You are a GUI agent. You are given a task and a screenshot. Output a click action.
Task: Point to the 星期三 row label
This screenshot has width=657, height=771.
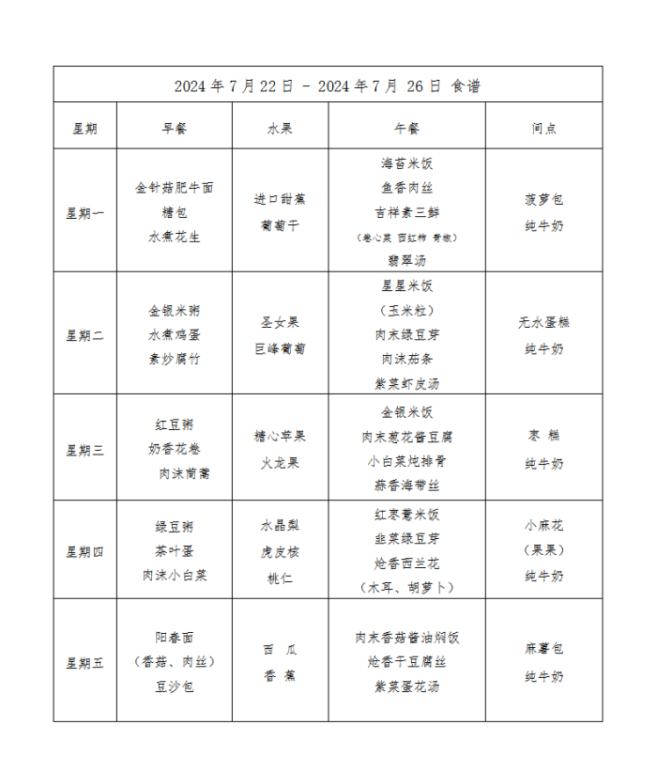point(84,450)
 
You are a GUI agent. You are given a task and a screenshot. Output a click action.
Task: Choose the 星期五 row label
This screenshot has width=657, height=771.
point(84,663)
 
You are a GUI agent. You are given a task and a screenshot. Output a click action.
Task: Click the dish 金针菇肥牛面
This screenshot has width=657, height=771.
point(175,188)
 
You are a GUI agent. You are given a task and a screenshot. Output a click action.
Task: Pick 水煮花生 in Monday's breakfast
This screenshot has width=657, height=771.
point(175,237)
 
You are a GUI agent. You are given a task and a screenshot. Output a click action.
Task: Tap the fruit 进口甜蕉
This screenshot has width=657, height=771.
point(280,199)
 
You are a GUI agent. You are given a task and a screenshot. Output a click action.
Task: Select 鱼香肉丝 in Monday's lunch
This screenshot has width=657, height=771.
point(406,188)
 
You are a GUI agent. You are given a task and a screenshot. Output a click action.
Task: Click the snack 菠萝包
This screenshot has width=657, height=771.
point(543,199)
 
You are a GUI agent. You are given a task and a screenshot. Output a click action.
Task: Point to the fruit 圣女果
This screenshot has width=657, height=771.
point(280,322)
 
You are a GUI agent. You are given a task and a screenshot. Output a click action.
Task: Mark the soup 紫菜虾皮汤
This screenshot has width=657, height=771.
point(406,383)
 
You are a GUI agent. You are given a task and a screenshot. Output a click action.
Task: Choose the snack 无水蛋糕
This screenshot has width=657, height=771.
point(543,322)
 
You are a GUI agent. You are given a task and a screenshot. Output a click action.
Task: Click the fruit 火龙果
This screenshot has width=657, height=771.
point(280,463)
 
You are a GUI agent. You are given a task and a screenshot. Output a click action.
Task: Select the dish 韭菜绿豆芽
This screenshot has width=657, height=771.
point(406,539)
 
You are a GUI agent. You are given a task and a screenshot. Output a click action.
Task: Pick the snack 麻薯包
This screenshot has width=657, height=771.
point(543,649)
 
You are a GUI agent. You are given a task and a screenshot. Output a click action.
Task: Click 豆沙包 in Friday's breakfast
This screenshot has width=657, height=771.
point(175,686)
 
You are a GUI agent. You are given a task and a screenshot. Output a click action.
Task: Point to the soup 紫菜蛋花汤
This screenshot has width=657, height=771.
point(406,686)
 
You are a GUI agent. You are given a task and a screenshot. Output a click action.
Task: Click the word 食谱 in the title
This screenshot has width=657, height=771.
point(466,85)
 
